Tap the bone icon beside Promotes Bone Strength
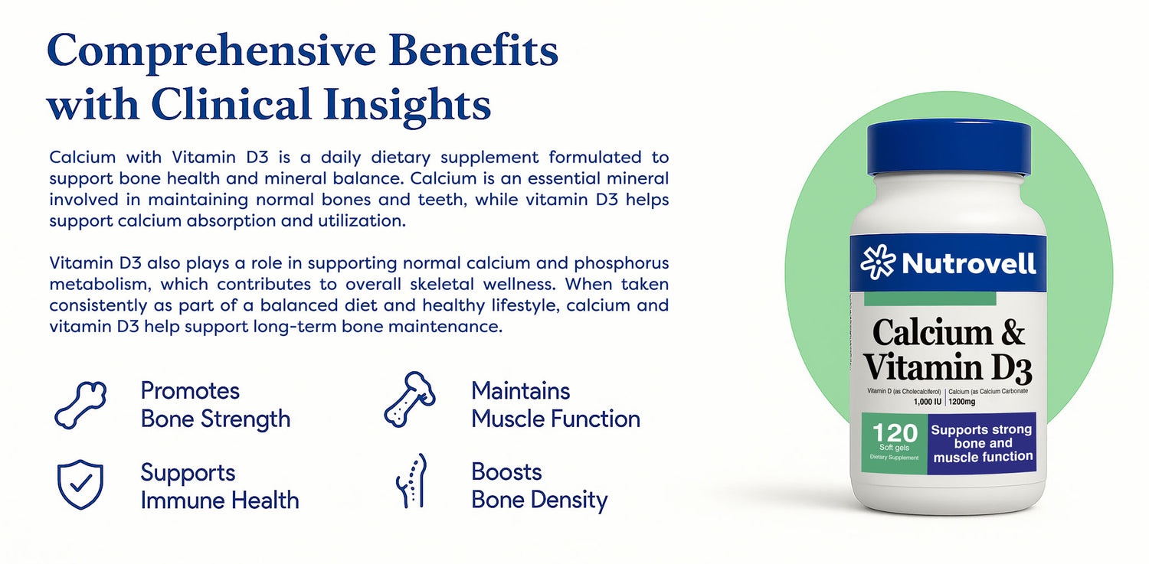click(80, 405)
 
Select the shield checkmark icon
click(80, 484)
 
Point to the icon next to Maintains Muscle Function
click(409, 399)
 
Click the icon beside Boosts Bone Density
click(412, 481)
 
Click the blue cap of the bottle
click(948, 148)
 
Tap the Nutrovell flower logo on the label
click(878, 262)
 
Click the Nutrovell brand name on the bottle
click(968, 263)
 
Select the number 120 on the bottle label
click(895, 433)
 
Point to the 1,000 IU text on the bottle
click(928, 402)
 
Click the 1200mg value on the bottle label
click(962, 402)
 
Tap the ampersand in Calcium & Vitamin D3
click(1012, 332)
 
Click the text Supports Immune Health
click(220, 486)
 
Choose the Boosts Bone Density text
click(539, 486)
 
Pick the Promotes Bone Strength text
click(215, 405)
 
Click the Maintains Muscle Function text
click(555, 405)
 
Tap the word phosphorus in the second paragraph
click(621, 264)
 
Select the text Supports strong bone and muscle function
click(982, 443)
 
